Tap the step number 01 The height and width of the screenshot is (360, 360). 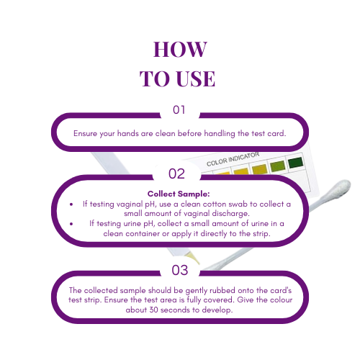pyautogui.click(x=179, y=110)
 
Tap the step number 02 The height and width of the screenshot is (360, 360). pyautogui.click(x=177, y=174)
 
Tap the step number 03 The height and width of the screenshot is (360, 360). pyautogui.click(x=179, y=270)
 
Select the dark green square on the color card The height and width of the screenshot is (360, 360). pyautogui.click(x=295, y=164)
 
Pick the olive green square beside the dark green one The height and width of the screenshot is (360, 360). pyautogui.click(x=277, y=168)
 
